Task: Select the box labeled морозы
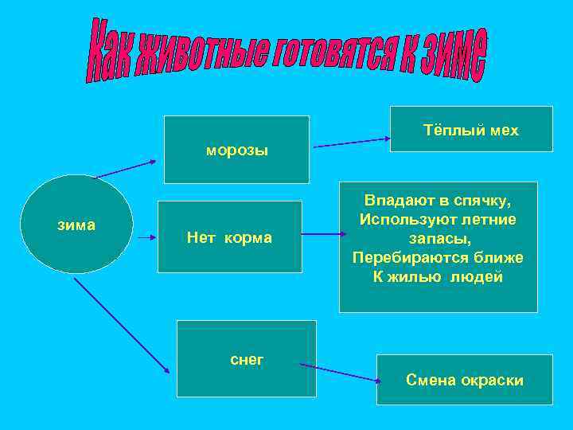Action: click(x=236, y=150)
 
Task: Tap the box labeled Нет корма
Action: click(x=230, y=237)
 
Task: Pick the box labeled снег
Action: click(x=246, y=359)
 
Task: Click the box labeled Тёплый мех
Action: click(x=471, y=130)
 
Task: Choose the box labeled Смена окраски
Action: click(x=465, y=380)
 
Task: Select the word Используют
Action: click(x=410, y=220)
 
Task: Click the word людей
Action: click(x=475, y=277)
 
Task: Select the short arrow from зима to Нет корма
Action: click(x=148, y=237)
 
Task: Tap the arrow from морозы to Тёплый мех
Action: click(x=351, y=143)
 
